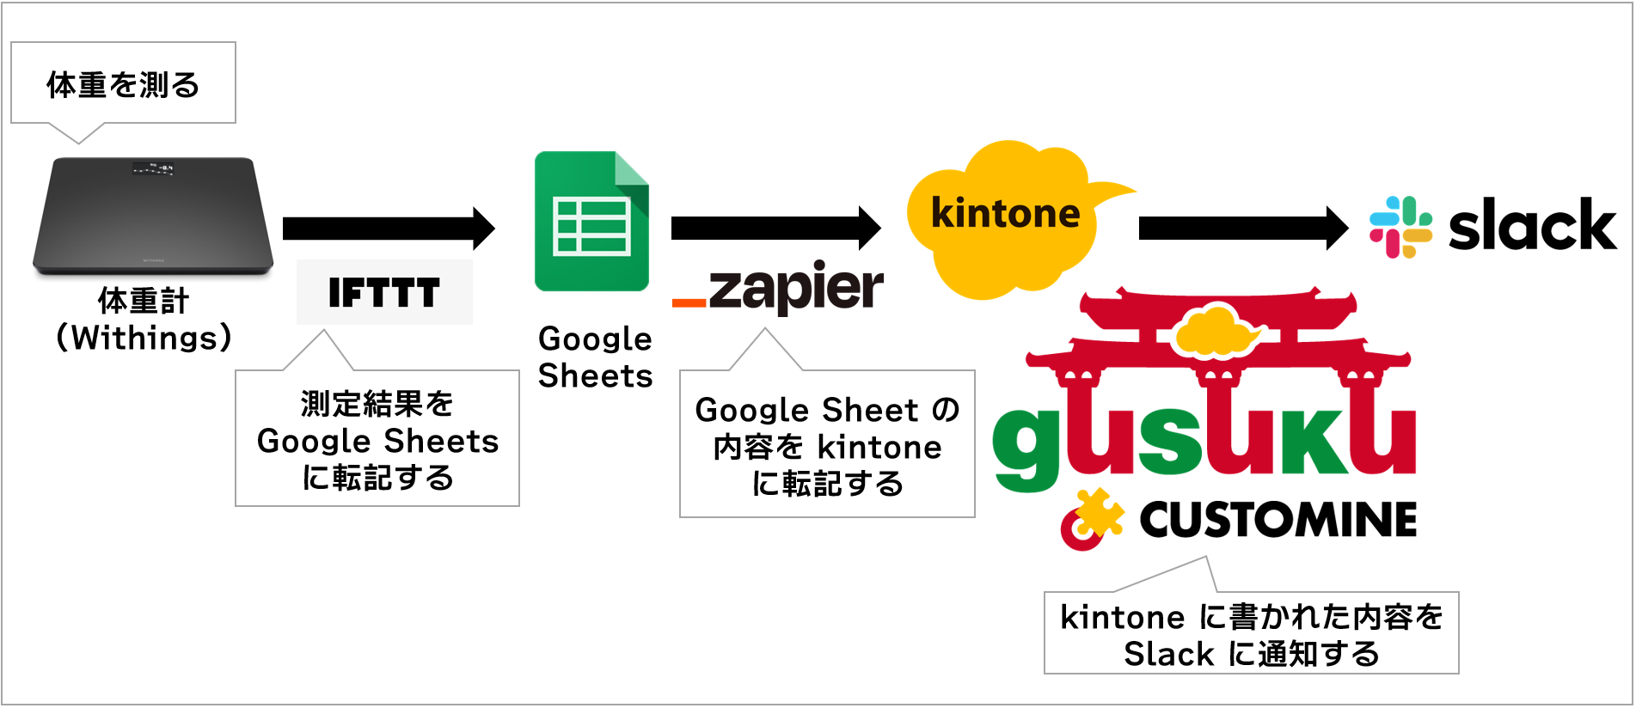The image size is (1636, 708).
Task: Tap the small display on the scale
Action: coord(153,168)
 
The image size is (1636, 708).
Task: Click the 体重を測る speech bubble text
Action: coord(123,85)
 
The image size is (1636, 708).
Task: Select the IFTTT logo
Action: coord(384,293)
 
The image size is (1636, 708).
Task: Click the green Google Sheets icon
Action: coord(591,222)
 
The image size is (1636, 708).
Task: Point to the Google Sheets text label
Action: coord(595,357)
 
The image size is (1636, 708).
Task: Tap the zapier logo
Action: coord(778,289)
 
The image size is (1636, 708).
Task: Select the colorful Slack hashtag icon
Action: coord(1400,227)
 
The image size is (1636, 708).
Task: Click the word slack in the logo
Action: coord(1532,227)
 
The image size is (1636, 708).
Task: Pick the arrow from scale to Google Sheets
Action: coord(389,228)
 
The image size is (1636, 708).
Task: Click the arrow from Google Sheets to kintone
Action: coord(775,228)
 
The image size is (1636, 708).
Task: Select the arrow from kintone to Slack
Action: coord(1243,228)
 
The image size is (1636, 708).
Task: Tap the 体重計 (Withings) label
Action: coord(144,320)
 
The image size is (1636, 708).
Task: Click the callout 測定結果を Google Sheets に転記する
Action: coord(377,440)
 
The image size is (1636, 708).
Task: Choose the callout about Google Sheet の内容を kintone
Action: coord(827,446)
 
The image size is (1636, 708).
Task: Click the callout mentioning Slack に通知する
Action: coord(1251,635)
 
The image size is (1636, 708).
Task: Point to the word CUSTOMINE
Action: coord(1278,520)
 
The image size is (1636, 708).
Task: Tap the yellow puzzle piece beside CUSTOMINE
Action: coord(1098,514)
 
